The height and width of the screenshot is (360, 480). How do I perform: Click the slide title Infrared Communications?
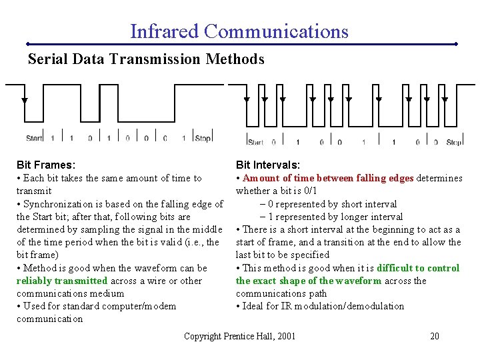[239, 31]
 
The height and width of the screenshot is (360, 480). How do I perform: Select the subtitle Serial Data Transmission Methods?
[146, 59]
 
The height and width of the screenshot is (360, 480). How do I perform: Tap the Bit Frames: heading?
[46, 165]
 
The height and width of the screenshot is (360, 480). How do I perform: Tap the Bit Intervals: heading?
[268, 165]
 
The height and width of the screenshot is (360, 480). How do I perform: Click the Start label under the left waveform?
[34, 139]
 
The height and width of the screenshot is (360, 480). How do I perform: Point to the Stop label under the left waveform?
[203, 139]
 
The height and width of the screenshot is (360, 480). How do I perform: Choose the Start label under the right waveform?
[255, 142]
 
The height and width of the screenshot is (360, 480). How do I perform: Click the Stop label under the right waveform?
[453, 142]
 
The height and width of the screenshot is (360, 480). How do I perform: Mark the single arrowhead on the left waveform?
[25, 101]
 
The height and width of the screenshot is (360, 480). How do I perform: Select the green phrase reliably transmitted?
[62, 281]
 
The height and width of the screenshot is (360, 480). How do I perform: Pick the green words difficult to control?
[418, 268]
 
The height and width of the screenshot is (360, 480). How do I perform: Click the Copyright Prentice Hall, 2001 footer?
[239, 336]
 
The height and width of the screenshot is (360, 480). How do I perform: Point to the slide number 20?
[434, 336]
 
